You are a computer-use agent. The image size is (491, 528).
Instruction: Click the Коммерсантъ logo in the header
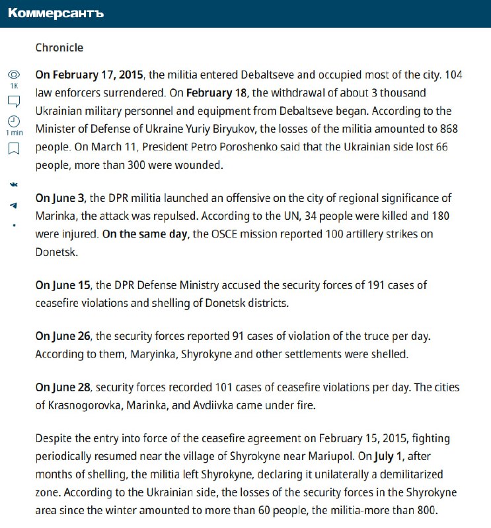(x=56, y=13)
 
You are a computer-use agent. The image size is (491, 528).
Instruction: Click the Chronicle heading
(x=59, y=48)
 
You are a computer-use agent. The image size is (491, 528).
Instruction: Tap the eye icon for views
(x=14, y=74)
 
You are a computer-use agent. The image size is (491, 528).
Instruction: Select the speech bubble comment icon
(x=14, y=101)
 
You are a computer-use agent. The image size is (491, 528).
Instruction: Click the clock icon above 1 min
(x=14, y=121)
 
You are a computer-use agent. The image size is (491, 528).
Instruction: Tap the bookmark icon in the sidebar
(x=14, y=149)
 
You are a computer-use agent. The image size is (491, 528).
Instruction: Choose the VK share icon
(x=14, y=183)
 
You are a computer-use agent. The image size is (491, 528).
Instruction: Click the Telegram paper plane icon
(x=14, y=205)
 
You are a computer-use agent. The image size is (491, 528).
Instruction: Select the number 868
(x=445, y=129)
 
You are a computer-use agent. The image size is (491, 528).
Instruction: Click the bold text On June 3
(x=60, y=198)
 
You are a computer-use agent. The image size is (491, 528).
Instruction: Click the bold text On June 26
(x=63, y=336)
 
